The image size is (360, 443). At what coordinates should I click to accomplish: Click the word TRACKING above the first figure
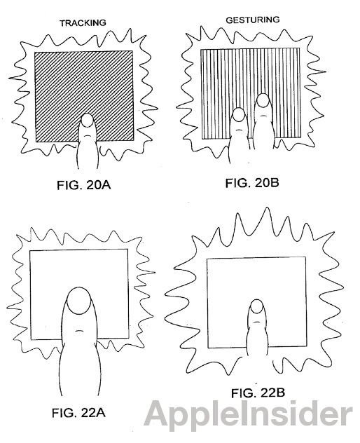point(83,23)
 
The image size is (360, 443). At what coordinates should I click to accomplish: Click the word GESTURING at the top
point(252,20)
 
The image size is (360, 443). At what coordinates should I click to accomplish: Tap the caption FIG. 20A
point(84,185)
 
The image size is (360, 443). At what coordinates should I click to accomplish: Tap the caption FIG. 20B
point(252,183)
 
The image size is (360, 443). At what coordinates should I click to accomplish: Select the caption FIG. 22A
point(78,413)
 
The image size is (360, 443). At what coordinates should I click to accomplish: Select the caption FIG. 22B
point(258,393)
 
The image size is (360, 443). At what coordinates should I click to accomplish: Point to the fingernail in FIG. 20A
point(88,120)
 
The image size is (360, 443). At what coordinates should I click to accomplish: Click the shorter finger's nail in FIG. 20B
point(239,114)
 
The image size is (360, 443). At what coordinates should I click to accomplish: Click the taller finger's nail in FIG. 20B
point(263,100)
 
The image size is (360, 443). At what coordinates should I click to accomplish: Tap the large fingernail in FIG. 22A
point(79,301)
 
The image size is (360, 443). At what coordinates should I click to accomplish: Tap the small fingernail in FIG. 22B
point(256,306)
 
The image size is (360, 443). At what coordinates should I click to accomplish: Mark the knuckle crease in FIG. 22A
point(78,330)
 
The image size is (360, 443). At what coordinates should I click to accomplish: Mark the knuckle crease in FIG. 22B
point(256,322)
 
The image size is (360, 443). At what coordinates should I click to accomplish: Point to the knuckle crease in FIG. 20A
point(88,136)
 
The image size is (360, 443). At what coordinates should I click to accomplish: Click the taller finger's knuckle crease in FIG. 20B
point(263,116)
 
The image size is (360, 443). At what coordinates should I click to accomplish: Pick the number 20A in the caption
point(97,185)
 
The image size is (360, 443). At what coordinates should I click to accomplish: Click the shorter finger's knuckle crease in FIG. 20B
point(239,130)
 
